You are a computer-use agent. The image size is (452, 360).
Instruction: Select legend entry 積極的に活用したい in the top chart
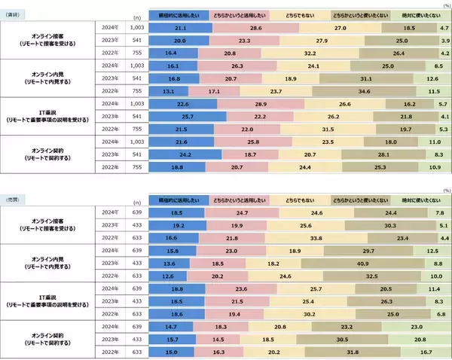[179, 14]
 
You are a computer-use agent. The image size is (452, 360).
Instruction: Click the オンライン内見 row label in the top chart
[47, 78]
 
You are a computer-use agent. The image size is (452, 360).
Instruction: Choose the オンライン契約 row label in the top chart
[47, 155]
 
